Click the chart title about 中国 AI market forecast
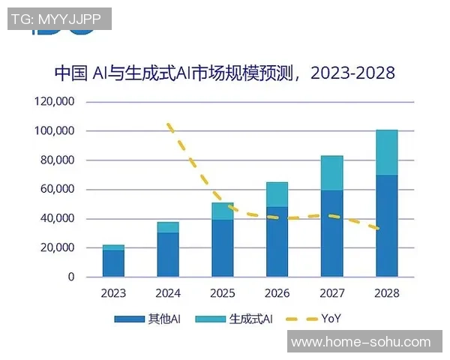click(x=224, y=73)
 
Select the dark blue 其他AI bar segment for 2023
click(x=113, y=263)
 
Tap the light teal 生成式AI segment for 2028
click(x=386, y=152)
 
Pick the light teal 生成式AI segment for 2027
click(x=331, y=173)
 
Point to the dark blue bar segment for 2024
click(x=168, y=254)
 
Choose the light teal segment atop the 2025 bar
click(x=223, y=211)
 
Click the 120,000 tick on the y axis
click(x=54, y=102)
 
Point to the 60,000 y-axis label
click(x=57, y=190)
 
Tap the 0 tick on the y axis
click(x=71, y=277)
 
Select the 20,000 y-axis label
click(x=57, y=248)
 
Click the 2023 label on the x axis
click(x=113, y=293)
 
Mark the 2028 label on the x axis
click(x=386, y=293)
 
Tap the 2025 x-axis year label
click(x=223, y=293)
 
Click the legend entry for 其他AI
click(x=148, y=319)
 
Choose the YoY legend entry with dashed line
click(x=314, y=319)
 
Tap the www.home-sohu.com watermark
click(x=361, y=342)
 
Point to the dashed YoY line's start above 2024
click(x=169, y=124)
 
